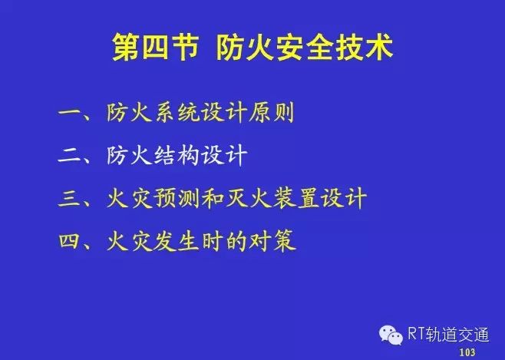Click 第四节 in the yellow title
pyautogui.click(x=155, y=48)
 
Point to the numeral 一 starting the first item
pyautogui.click(x=70, y=113)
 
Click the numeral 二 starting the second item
pyautogui.click(x=70, y=156)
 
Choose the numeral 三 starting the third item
pyautogui.click(x=70, y=198)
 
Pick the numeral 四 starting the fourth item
pyautogui.click(x=70, y=240)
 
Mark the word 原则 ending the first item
pyautogui.click(x=271, y=113)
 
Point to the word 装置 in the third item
pyautogui.click(x=295, y=198)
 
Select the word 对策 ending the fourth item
pyautogui.click(x=272, y=240)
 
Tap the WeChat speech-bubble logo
pyautogui.click(x=391, y=335)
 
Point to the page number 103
pyautogui.click(x=467, y=352)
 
